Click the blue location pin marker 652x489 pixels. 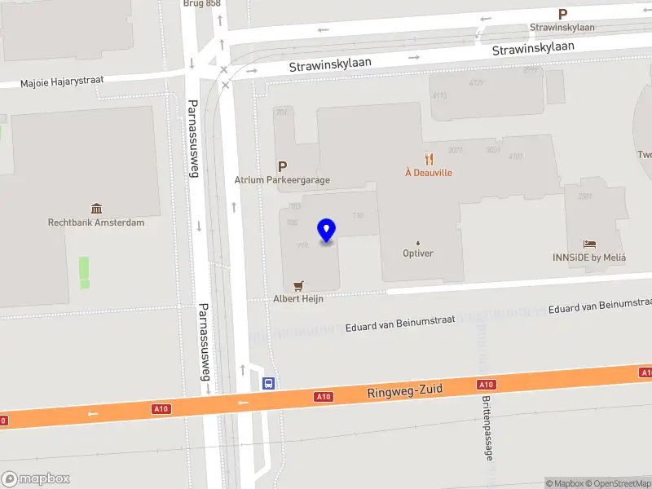tap(327, 231)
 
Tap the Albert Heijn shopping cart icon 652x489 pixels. tap(298, 285)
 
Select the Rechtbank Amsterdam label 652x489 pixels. tap(96, 222)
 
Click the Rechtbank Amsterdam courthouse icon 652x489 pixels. tap(96, 209)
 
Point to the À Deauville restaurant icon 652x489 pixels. tap(428, 159)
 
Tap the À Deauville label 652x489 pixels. tap(428, 173)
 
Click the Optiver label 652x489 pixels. tap(418, 253)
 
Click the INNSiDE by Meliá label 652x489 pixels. tap(588, 258)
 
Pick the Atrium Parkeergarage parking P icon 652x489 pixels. tap(283, 166)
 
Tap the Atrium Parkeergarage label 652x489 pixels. tap(282, 180)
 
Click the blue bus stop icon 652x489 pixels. tap(267, 383)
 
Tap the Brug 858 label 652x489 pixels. tap(203, 3)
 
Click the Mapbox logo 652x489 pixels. tap(35, 478)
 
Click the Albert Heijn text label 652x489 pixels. tap(298, 299)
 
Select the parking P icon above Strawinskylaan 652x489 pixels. tap(562, 14)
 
